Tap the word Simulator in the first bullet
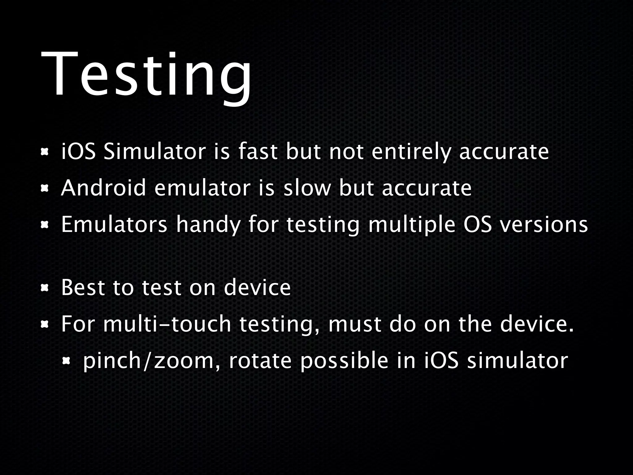[155, 152]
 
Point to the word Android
[103, 188]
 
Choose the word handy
[208, 225]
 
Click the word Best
[82, 288]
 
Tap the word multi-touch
[167, 324]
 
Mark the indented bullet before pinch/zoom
[66, 361]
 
